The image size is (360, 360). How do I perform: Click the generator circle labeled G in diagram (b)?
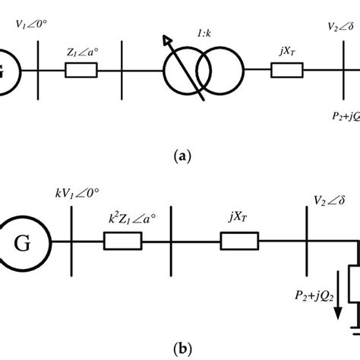[x=27, y=244]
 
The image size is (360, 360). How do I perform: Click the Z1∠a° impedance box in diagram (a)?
[x=81, y=71]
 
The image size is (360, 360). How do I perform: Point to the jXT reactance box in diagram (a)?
[x=288, y=71]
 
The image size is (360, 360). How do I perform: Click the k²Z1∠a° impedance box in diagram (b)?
[x=123, y=243]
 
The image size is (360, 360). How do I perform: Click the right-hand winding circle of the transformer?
[x=224, y=71]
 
